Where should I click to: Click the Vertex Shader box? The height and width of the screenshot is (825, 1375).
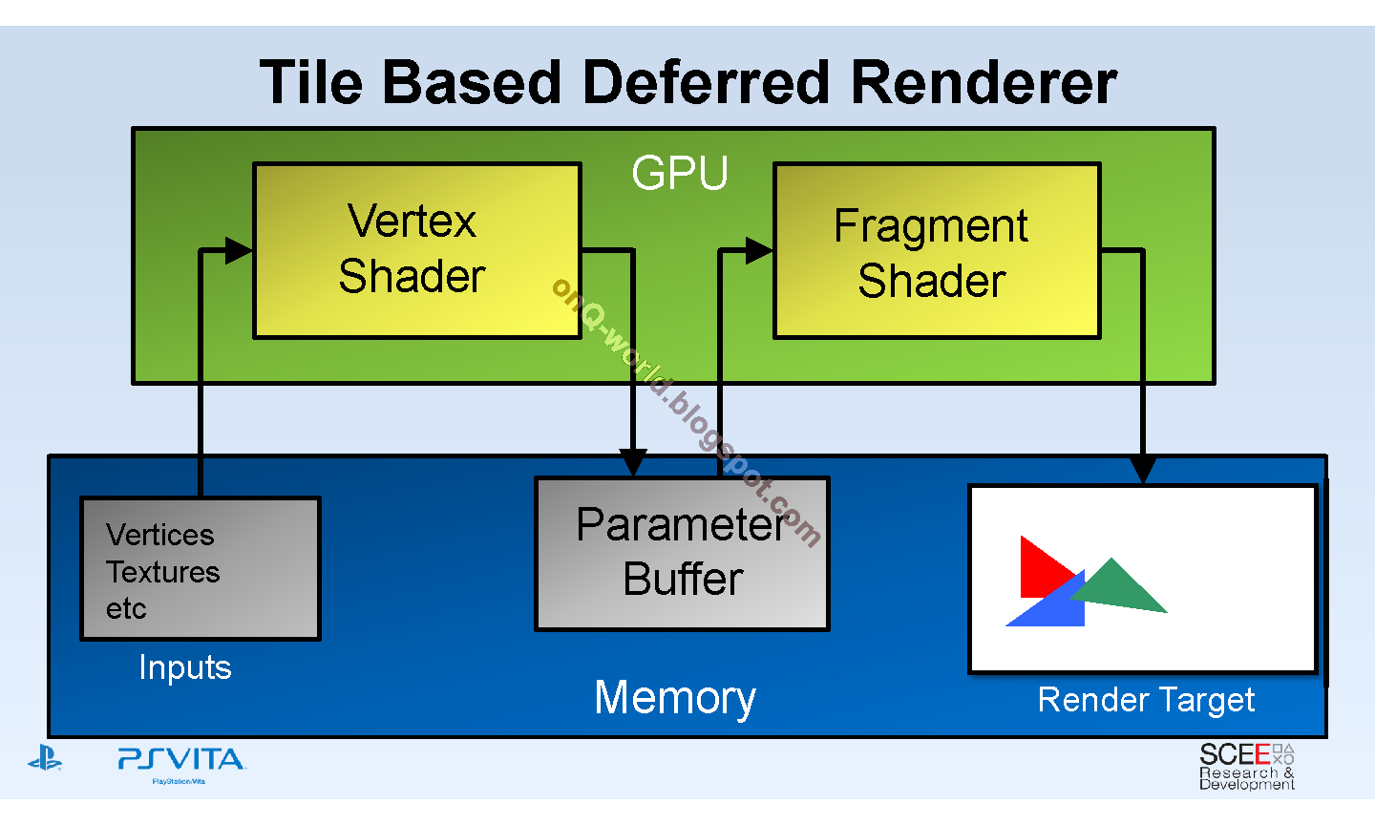(416, 250)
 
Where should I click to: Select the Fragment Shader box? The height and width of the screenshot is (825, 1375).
(937, 251)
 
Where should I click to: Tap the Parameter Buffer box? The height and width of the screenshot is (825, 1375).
(682, 554)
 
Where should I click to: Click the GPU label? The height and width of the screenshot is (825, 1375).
(680, 174)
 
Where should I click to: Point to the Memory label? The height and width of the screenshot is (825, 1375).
(675, 697)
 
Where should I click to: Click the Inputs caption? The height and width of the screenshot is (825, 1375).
(185, 667)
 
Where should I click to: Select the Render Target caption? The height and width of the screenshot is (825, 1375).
(1146, 700)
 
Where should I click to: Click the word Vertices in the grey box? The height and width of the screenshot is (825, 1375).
(160, 535)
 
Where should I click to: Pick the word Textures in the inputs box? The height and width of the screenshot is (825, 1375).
(163, 572)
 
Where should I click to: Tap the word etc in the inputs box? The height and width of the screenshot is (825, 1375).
(126, 608)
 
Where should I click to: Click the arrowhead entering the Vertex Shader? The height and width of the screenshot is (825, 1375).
(238, 251)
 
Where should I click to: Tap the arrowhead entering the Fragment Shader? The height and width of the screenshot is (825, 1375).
(759, 251)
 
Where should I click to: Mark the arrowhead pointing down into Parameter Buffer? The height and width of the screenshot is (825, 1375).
(633, 463)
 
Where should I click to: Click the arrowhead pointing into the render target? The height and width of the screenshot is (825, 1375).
(1142, 470)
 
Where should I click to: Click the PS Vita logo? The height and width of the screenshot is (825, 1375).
(180, 761)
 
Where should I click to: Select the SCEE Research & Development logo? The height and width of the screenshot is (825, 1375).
(1246, 767)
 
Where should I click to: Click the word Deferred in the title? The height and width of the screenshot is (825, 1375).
(707, 82)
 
